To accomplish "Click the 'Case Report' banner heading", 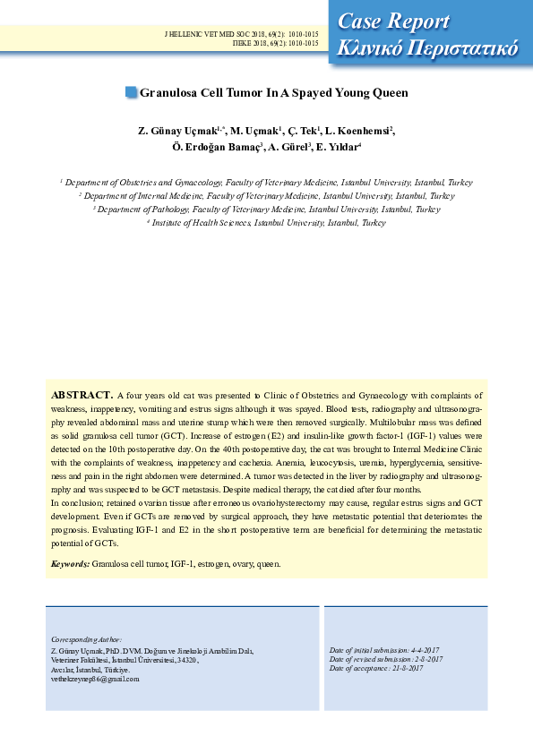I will coord(394,20).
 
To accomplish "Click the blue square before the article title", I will coord(132,91).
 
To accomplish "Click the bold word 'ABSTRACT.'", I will coord(82,395).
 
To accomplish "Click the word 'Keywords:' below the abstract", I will coord(70,564).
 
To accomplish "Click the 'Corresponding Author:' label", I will coord(86,640).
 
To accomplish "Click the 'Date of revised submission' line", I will coord(385,659).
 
